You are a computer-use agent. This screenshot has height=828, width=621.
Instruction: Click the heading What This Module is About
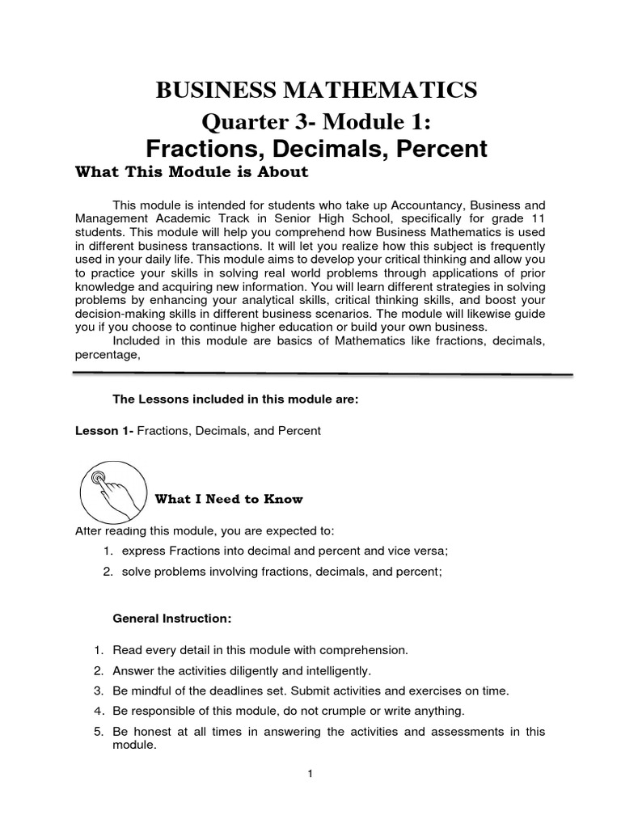192,171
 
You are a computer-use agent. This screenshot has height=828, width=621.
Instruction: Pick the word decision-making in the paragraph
116,314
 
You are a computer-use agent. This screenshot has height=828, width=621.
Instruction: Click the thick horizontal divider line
323,374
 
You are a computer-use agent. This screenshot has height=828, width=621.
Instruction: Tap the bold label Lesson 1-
104,431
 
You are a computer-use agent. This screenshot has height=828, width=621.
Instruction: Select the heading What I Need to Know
229,500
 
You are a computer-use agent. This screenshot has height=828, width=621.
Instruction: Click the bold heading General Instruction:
172,619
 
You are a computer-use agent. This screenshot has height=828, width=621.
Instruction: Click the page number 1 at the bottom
310,774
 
